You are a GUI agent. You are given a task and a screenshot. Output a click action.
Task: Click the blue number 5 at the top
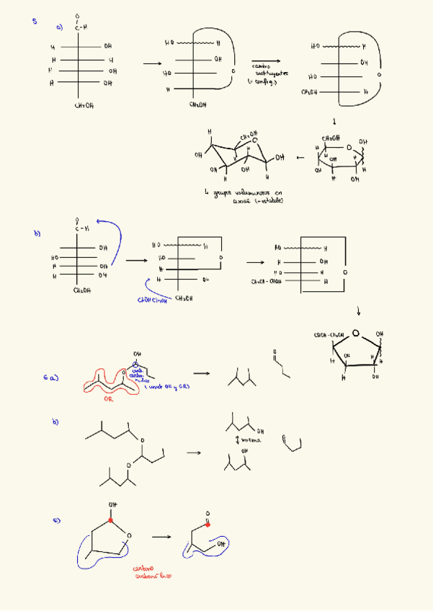pyautogui.click(x=35, y=22)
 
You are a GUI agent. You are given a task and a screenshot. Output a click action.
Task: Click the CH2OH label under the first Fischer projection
pyautogui.click(x=84, y=105)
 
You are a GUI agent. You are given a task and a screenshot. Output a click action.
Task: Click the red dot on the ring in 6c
pyautogui.click(x=112, y=519)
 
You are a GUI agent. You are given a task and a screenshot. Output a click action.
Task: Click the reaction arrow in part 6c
pyautogui.click(x=161, y=537)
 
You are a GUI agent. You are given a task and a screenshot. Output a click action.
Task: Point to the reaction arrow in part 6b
pyautogui.click(x=193, y=452)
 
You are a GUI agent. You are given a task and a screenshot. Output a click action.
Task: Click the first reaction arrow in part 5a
pyautogui.click(x=151, y=63)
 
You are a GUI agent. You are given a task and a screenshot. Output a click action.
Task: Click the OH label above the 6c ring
pyautogui.click(x=112, y=504)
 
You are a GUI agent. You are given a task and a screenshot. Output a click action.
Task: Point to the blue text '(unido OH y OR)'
pyautogui.click(x=167, y=387)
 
